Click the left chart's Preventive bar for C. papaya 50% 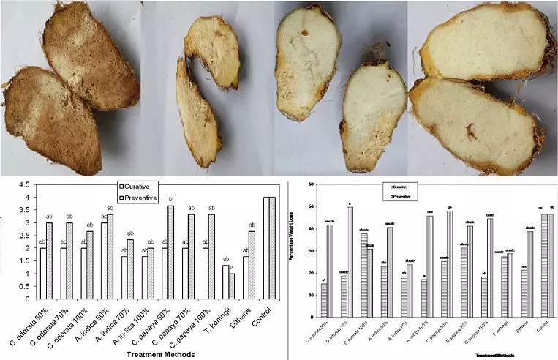(170, 252)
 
